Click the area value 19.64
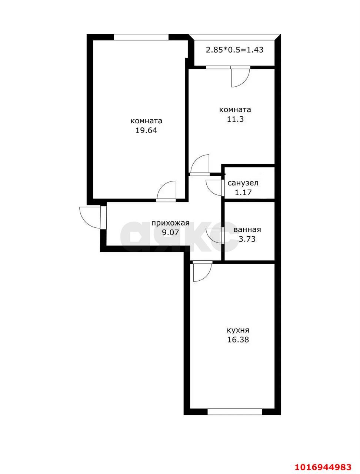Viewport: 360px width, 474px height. [146, 130]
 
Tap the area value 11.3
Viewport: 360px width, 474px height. [235, 119]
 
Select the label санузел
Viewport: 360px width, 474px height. [243, 183]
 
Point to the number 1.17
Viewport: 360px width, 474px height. [243, 192]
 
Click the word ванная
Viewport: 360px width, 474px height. [247, 230]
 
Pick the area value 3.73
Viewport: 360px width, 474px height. [247, 239]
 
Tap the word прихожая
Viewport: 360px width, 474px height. [170, 223]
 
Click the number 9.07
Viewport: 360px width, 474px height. [170, 232]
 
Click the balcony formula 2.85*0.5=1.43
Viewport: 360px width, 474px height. [235, 50]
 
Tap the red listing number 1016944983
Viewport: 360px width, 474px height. [323, 459]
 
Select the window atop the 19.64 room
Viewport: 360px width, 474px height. [141, 37]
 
